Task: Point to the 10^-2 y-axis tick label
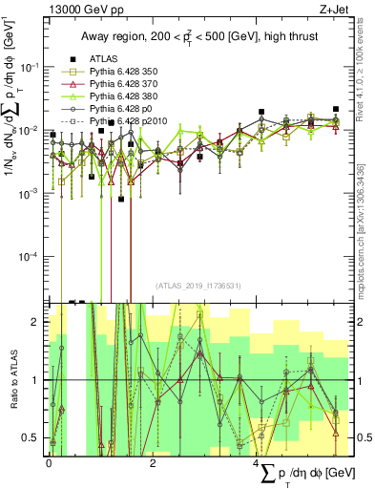pyautogui.click(x=30, y=130)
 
